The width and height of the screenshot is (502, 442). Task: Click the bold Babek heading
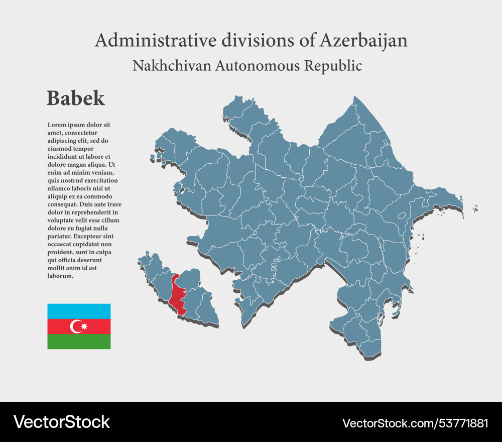coord(76,98)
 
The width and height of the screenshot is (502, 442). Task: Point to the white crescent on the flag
coord(76,326)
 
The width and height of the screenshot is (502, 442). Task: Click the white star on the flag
coord(84,327)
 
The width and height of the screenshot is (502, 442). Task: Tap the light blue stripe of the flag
coord(79,311)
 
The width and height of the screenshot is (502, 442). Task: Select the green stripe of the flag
coord(79,342)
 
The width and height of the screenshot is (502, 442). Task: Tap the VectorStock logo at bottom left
coord(61,422)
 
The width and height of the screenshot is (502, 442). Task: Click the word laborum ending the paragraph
coord(60,276)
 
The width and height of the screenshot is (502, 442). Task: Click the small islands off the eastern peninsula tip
coord(475,208)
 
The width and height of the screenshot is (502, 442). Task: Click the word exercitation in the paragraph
coord(100,180)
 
